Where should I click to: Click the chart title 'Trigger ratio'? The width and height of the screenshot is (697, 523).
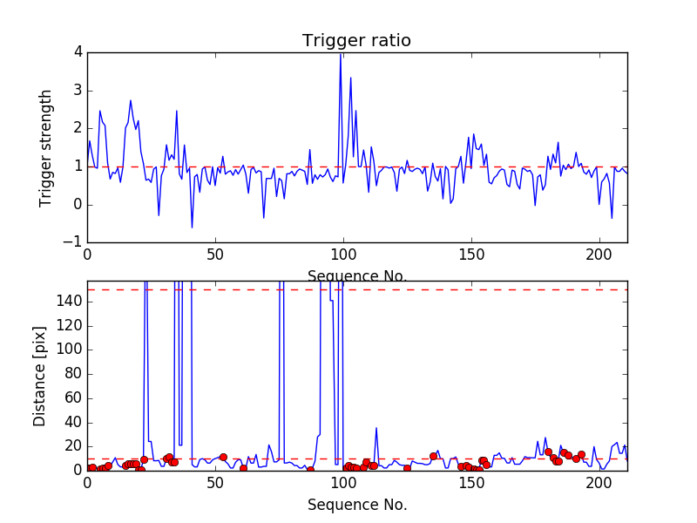[x=356, y=41]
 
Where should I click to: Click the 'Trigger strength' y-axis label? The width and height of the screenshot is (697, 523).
[x=46, y=147]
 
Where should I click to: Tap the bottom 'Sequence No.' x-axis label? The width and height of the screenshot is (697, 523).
[x=356, y=505]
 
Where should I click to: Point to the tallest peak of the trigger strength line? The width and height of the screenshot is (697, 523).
[x=341, y=54]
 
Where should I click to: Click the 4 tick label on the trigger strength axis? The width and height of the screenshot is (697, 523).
[x=78, y=52]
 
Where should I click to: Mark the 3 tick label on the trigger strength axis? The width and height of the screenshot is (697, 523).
[x=78, y=91]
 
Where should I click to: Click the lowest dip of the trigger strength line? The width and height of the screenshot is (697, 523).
[x=192, y=228]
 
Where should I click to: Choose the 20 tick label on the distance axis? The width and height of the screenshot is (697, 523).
[x=73, y=446]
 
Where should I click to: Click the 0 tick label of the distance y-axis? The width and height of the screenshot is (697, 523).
[x=77, y=471]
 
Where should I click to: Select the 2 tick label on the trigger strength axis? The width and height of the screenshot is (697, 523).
[x=78, y=129]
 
